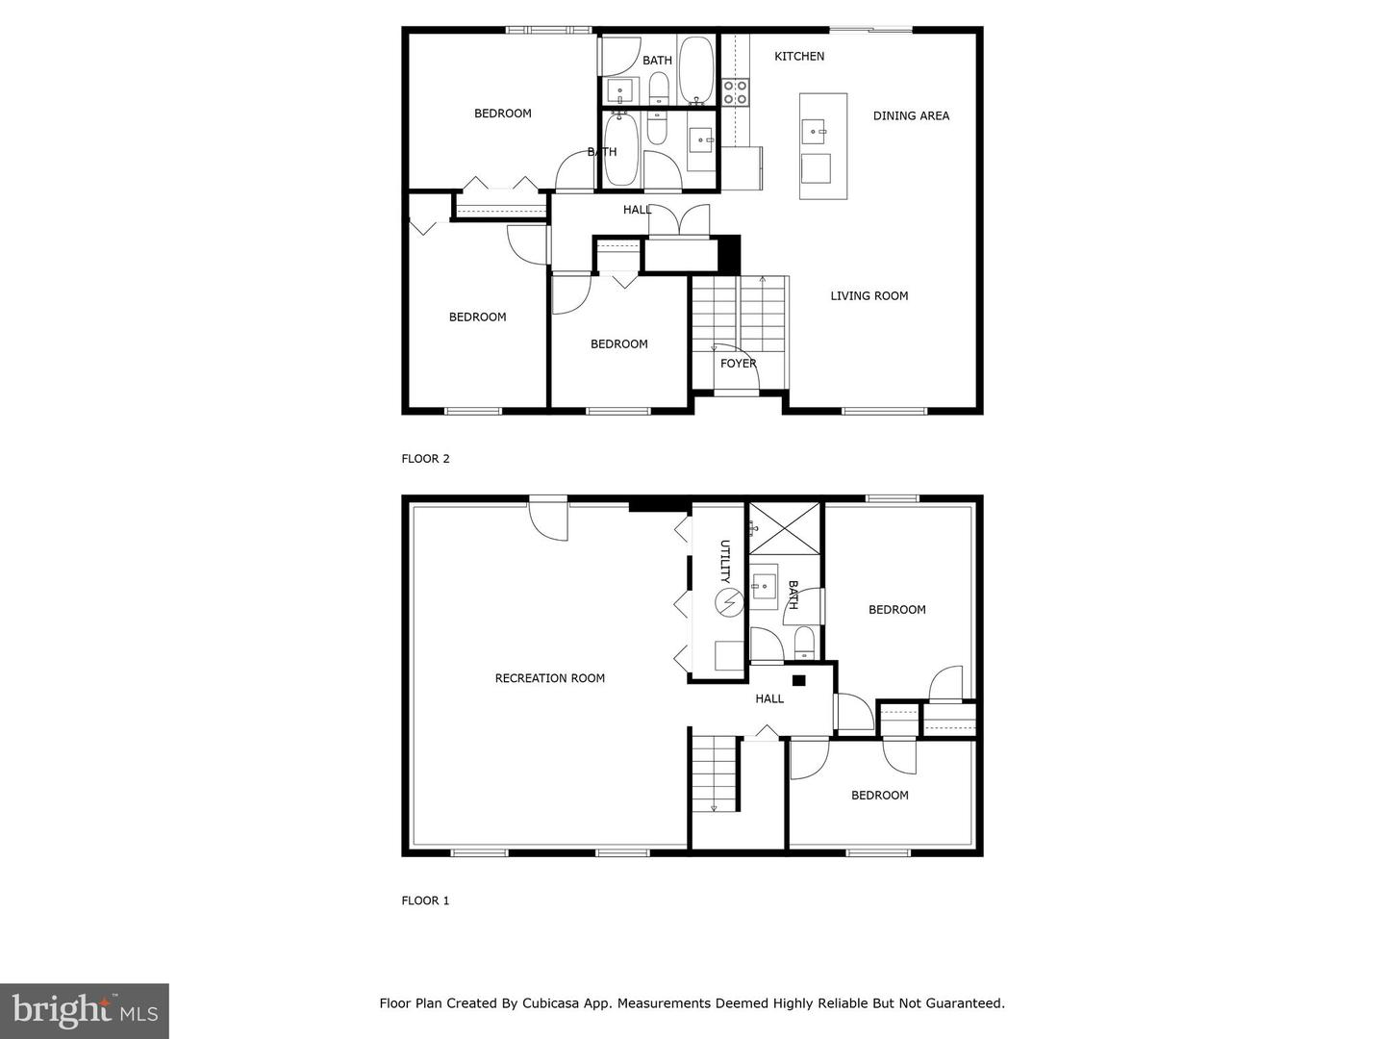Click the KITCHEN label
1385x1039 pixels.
[x=799, y=56]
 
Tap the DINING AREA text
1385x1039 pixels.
[x=911, y=115]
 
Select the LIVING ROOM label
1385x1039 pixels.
[x=869, y=296]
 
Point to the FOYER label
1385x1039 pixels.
[x=739, y=364]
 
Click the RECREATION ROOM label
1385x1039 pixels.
[x=549, y=678]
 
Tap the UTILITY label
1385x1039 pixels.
[x=725, y=562]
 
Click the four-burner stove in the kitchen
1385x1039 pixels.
[x=736, y=92]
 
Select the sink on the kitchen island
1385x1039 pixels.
[x=814, y=131]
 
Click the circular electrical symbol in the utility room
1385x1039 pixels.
[x=729, y=602]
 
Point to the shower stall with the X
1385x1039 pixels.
[x=784, y=529]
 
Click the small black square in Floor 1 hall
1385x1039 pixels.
[x=799, y=680]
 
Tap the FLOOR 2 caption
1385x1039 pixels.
[x=425, y=459]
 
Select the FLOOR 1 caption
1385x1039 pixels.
[x=425, y=900]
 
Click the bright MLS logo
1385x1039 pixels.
[x=85, y=1010]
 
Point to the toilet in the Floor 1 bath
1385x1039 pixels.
[x=804, y=641]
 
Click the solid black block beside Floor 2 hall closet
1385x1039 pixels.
[x=729, y=254]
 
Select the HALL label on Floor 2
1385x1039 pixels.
[x=637, y=210]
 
